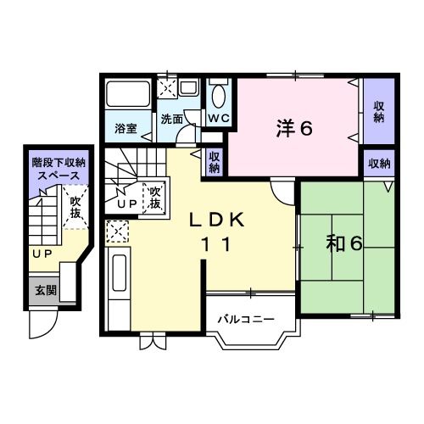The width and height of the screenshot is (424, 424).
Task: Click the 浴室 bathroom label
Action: pos(127,131)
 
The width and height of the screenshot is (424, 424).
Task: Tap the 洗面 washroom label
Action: pos(171,120)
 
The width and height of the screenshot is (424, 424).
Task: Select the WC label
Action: pos(218,118)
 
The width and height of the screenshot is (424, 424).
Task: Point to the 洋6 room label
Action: pos(294,128)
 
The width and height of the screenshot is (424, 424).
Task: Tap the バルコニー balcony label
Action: pos(244,320)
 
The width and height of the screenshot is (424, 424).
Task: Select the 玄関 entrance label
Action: pos(45,290)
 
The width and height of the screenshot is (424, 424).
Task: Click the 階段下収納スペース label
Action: pos(59,167)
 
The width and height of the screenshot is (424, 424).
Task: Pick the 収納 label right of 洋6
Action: pos(378,111)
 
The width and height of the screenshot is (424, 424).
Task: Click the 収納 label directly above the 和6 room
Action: pos(379,163)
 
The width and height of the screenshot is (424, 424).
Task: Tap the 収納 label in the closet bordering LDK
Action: pos(215,162)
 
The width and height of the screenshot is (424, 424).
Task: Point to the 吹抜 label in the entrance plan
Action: pos(75,207)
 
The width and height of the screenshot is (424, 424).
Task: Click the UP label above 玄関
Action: pos(40,253)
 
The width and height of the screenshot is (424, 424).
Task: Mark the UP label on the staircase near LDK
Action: pos(127,204)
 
